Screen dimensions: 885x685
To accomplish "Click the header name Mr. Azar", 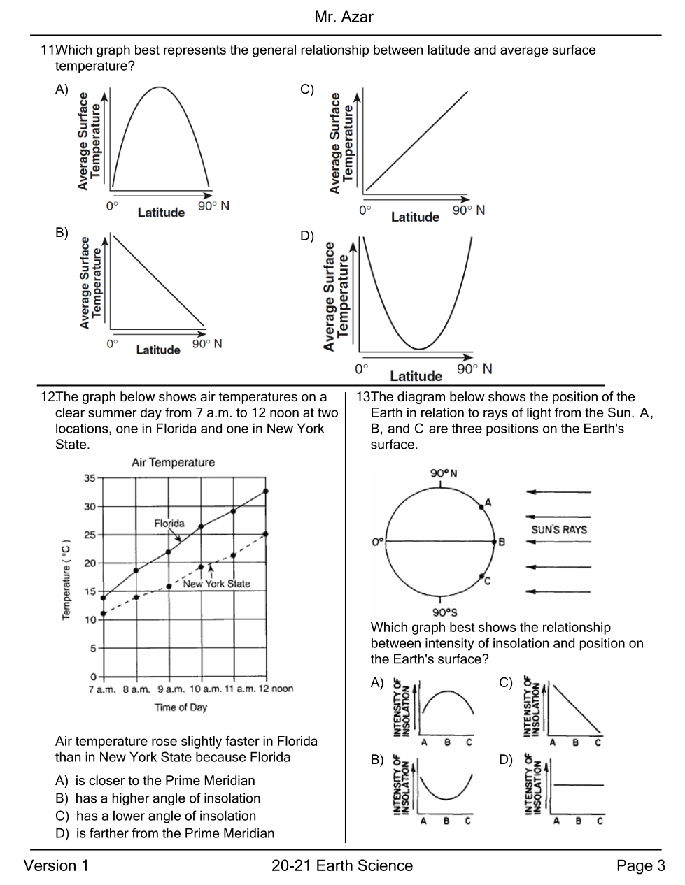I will [x=344, y=17].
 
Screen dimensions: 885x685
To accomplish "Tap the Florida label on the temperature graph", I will [x=169, y=523].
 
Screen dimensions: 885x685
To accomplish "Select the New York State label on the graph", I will [x=216, y=584].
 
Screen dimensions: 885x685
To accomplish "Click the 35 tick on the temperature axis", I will [x=90, y=478].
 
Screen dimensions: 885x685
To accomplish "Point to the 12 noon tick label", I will [x=276, y=689].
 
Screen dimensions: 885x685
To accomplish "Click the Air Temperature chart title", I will [x=173, y=463].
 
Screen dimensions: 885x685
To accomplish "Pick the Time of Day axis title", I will [x=181, y=707].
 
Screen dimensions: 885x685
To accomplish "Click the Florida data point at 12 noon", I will [x=265, y=491].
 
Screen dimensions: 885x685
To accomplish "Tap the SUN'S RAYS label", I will [x=559, y=530].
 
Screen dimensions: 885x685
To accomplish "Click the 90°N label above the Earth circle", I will [x=444, y=473].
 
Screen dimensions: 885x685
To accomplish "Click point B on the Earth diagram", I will [x=493, y=541].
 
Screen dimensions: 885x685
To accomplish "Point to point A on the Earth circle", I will [x=481, y=506].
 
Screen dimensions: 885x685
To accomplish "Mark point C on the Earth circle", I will [x=481, y=577].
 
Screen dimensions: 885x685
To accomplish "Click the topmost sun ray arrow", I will [x=558, y=492].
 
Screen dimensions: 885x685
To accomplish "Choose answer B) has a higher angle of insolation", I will [x=157, y=798].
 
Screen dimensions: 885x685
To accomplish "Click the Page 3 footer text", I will [x=640, y=866].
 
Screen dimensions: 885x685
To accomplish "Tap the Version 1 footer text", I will [x=57, y=866].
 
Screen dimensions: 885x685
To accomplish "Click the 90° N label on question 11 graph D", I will [x=474, y=368].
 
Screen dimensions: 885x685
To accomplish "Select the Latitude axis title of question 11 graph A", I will [x=161, y=213].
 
